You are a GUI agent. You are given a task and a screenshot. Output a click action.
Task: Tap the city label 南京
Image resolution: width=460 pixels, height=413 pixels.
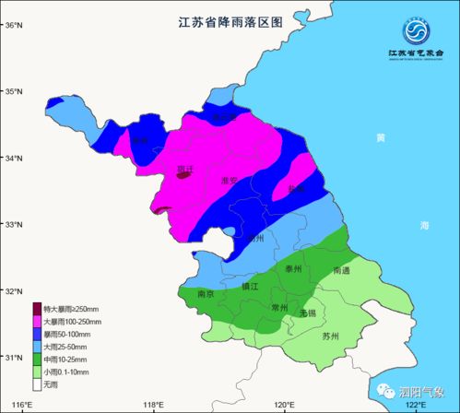206,293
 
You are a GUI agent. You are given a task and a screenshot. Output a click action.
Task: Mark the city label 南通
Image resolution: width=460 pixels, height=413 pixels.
341,270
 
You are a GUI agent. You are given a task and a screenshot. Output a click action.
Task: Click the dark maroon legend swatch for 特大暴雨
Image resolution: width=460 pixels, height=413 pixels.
37,308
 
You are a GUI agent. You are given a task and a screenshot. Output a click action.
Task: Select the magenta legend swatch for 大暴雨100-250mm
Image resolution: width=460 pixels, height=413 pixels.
37,321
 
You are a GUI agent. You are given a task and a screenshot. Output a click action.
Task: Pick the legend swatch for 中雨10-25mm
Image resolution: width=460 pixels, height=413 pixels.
37,359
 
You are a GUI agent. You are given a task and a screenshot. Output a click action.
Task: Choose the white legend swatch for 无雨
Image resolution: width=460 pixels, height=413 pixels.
37,383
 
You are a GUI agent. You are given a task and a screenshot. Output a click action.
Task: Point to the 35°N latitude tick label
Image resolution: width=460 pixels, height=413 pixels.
15,91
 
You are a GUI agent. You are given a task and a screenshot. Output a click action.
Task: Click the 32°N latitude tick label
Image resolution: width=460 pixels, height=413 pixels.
15,291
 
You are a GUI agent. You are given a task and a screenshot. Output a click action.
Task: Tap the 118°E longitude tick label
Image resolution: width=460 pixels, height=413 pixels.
153,405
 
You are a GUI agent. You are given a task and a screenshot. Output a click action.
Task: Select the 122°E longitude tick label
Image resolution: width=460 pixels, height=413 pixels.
418,405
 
